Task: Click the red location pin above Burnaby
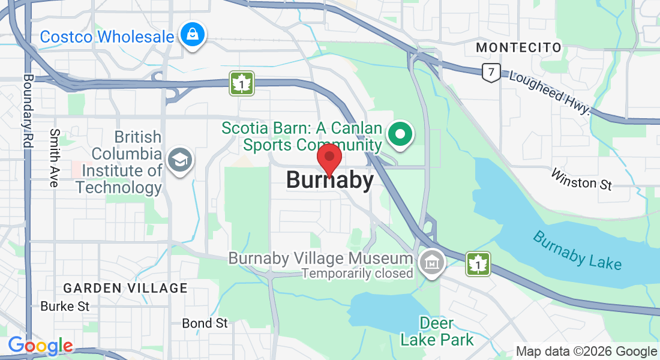coord(329,158)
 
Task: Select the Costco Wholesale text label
coord(107,37)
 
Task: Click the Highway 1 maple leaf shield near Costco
coord(242,83)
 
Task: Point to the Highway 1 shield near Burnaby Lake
coord(478,263)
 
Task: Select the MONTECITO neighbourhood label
coord(518,47)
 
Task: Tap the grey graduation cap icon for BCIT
coord(179,160)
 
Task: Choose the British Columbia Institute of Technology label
coord(120,162)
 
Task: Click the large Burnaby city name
coord(329,180)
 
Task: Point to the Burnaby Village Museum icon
coord(430,263)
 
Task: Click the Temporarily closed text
coord(357,274)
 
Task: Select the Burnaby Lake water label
coord(577,250)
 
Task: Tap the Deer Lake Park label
coord(436,331)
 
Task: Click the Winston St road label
coord(581,180)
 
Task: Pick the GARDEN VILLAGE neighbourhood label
coord(125,289)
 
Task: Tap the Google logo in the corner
coord(40,346)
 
